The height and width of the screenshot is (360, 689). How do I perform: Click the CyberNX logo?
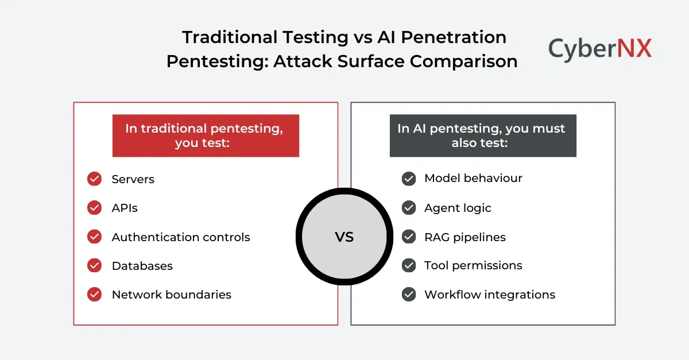[x=599, y=48]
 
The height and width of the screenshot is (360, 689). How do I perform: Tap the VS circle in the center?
[x=344, y=237]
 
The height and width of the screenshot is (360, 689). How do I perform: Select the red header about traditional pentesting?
[x=206, y=136]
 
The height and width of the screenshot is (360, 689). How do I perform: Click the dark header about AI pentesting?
[x=482, y=136]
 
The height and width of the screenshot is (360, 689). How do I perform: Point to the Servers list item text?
[x=133, y=179]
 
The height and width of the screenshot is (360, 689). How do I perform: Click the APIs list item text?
[x=125, y=208]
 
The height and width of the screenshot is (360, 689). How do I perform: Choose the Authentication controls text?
[x=181, y=237]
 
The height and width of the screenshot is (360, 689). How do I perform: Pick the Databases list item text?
[x=142, y=266]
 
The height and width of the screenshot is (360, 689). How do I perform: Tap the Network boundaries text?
[x=172, y=295]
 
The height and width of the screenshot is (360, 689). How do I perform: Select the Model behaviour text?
[x=473, y=178]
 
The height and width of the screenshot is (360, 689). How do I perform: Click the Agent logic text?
[x=458, y=208]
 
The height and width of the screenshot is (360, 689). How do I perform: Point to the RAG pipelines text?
[x=465, y=237]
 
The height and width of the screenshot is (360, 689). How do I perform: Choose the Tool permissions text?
[x=473, y=265]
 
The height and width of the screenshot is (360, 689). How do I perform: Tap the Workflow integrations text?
[x=490, y=295]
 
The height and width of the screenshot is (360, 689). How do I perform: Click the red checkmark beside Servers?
[x=94, y=179]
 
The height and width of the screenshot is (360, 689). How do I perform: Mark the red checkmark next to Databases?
[x=94, y=266]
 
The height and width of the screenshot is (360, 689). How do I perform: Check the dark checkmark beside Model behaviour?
[x=409, y=179]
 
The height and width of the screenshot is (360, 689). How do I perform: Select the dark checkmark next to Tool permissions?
[x=409, y=265]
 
